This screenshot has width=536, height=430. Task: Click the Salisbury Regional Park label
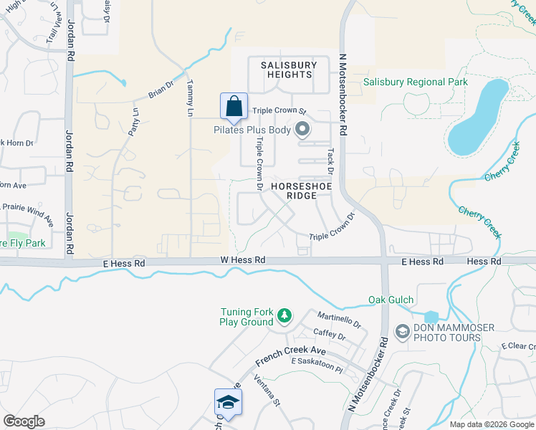pyautogui.click(x=415, y=82)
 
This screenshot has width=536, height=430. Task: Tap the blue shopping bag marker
pyautogui.click(x=234, y=107)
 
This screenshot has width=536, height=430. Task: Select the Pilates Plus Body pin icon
pyautogui.click(x=302, y=130)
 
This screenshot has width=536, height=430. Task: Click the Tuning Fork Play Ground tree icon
pyautogui.click(x=284, y=315)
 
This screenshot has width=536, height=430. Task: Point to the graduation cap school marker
pyautogui.click(x=227, y=402)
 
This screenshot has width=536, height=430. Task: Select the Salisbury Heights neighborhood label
pyautogui.click(x=287, y=70)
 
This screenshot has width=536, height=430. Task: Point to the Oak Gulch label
pyautogui.click(x=391, y=300)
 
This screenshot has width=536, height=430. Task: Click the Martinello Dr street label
pyautogui.click(x=338, y=320)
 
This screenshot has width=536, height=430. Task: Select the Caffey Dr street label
pyautogui.click(x=330, y=335)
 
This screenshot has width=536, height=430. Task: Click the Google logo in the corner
pyautogui.click(x=24, y=421)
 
